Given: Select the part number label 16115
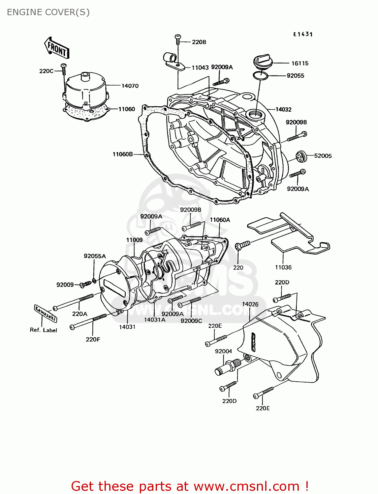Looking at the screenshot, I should (x=299, y=63).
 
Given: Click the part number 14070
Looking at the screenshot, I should (x=130, y=86).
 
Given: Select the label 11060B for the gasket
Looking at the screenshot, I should (x=122, y=154).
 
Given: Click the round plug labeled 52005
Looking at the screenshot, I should (x=301, y=156).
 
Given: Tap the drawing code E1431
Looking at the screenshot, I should (x=303, y=34).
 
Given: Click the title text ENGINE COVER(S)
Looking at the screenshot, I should (x=48, y=12).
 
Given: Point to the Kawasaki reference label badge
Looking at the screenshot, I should (x=46, y=313).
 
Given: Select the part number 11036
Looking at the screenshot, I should (x=283, y=267).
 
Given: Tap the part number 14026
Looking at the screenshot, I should (x=250, y=304).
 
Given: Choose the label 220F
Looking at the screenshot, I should (x=93, y=339).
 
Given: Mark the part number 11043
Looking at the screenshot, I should (x=200, y=68).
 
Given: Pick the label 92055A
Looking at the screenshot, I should (x=95, y=256).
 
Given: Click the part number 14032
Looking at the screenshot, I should (x=283, y=109).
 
